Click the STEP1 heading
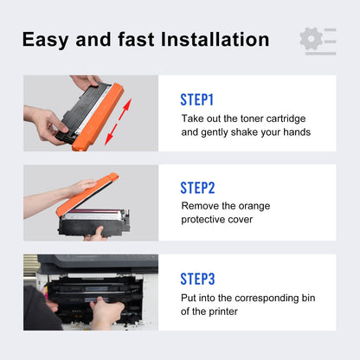[x=196, y=100]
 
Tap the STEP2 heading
[x=197, y=188]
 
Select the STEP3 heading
[x=197, y=279]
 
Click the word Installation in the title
[x=215, y=39]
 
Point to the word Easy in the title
[x=46, y=41]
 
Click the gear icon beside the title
[x=311, y=39]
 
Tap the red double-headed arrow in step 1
[x=118, y=121]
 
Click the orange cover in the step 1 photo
[x=98, y=117]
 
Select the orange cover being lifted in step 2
[x=87, y=194]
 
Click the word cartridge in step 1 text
[x=286, y=119]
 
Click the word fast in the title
[x=136, y=39]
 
